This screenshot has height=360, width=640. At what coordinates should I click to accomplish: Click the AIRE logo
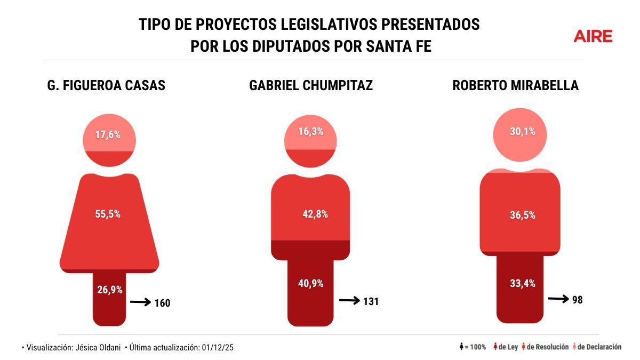tap(593, 36)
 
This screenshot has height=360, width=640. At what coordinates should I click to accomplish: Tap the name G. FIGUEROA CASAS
tap(107, 86)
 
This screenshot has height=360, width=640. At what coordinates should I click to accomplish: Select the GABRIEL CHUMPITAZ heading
tap(310, 86)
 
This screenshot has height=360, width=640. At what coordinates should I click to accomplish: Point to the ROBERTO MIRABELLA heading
tap(515, 86)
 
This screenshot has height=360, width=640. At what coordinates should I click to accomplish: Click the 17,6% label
tap(108, 135)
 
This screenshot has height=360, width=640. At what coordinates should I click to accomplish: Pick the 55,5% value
tap(108, 214)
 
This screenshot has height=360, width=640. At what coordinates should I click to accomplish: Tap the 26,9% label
tap(110, 290)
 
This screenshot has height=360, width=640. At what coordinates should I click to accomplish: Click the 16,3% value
tap(310, 131)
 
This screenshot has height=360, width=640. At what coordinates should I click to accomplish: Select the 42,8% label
tap(315, 214)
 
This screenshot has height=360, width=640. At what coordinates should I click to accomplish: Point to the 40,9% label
tap(311, 284)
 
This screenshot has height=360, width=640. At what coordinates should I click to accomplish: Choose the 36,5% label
tap(522, 215)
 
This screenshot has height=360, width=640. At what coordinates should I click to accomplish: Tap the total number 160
tap(162, 303)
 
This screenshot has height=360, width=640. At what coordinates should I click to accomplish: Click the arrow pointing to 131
tap(349, 301)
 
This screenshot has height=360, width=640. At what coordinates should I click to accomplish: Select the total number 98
tap(577, 300)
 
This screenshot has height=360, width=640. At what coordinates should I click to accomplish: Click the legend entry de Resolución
tap(545, 347)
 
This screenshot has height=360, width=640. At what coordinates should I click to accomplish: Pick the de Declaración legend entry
tap(597, 347)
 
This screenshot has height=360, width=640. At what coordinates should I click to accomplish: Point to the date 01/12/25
tap(218, 348)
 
